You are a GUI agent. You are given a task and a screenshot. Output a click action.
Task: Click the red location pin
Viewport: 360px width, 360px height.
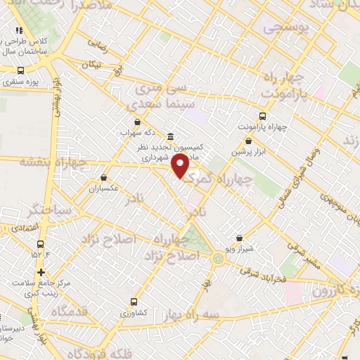click(180, 166)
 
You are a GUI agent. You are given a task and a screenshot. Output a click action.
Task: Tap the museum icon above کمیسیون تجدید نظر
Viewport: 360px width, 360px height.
click(170, 136)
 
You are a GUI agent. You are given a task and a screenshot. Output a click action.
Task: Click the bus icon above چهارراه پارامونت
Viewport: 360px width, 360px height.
click(262, 116)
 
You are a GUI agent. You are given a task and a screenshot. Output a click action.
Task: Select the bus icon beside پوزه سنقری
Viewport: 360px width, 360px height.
click(20, 71)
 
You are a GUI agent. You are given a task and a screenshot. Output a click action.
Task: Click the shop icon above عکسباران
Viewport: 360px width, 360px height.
click(104, 178)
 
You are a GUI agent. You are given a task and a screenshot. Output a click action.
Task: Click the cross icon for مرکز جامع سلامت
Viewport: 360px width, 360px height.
click(41, 272)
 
